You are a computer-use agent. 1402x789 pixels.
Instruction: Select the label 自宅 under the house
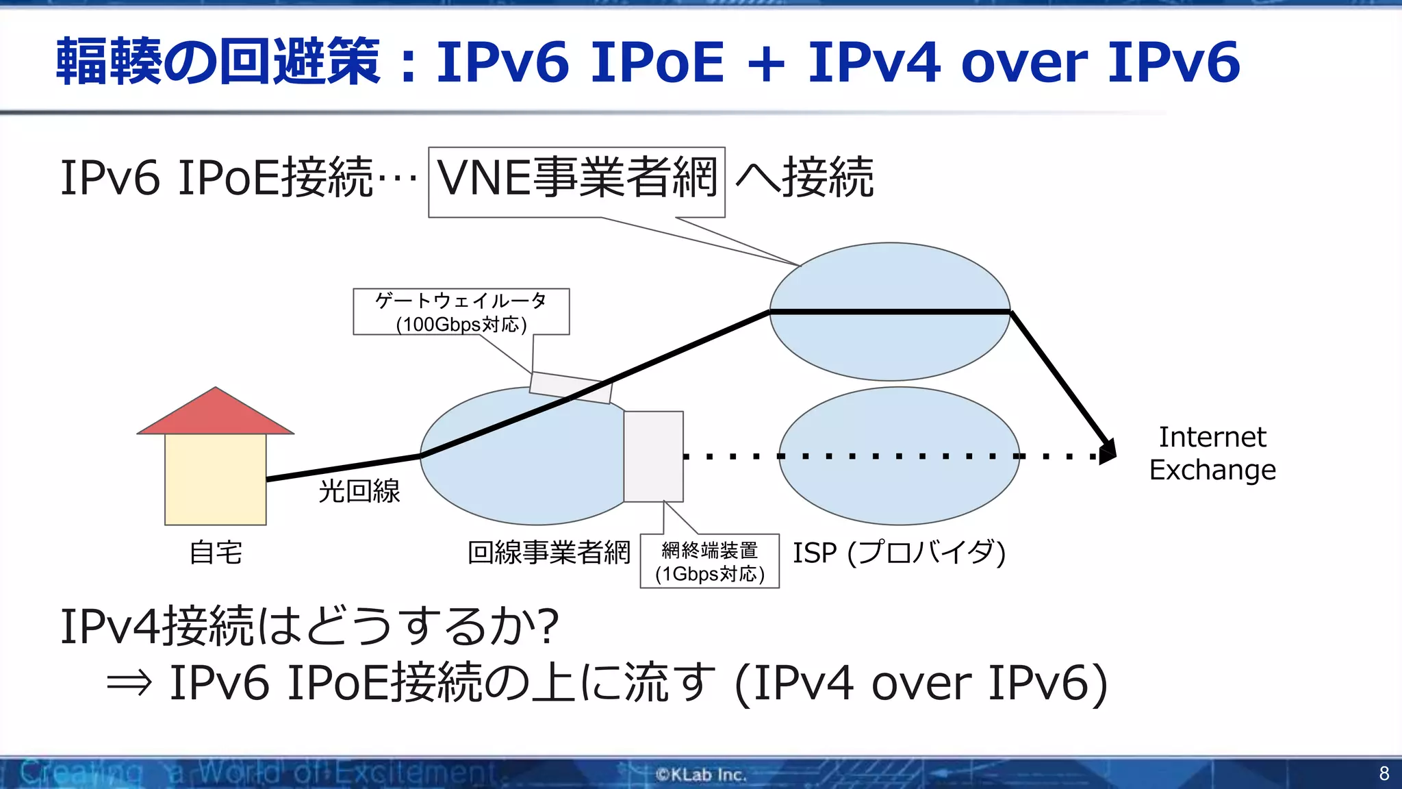click(216, 553)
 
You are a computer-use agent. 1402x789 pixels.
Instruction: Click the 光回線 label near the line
click(359, 491)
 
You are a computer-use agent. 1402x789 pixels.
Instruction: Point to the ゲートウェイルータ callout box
click(461, 312)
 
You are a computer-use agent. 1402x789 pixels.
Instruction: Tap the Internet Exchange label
click(1212, 453)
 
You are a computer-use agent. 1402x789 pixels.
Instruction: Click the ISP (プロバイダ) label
click(899, 553)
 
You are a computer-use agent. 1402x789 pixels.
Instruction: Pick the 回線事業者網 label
click(548, 553)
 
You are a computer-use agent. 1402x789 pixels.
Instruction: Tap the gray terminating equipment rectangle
click(653, 456)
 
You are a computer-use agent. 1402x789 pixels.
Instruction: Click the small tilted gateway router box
click(570, 388)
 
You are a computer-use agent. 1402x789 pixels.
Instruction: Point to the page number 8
click(1384, 774)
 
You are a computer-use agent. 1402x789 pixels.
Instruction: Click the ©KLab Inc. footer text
click(700, 775)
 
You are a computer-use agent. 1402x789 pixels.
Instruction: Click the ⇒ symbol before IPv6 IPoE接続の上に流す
click(129, 683)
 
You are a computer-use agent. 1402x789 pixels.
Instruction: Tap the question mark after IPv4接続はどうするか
click(548, 626)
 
